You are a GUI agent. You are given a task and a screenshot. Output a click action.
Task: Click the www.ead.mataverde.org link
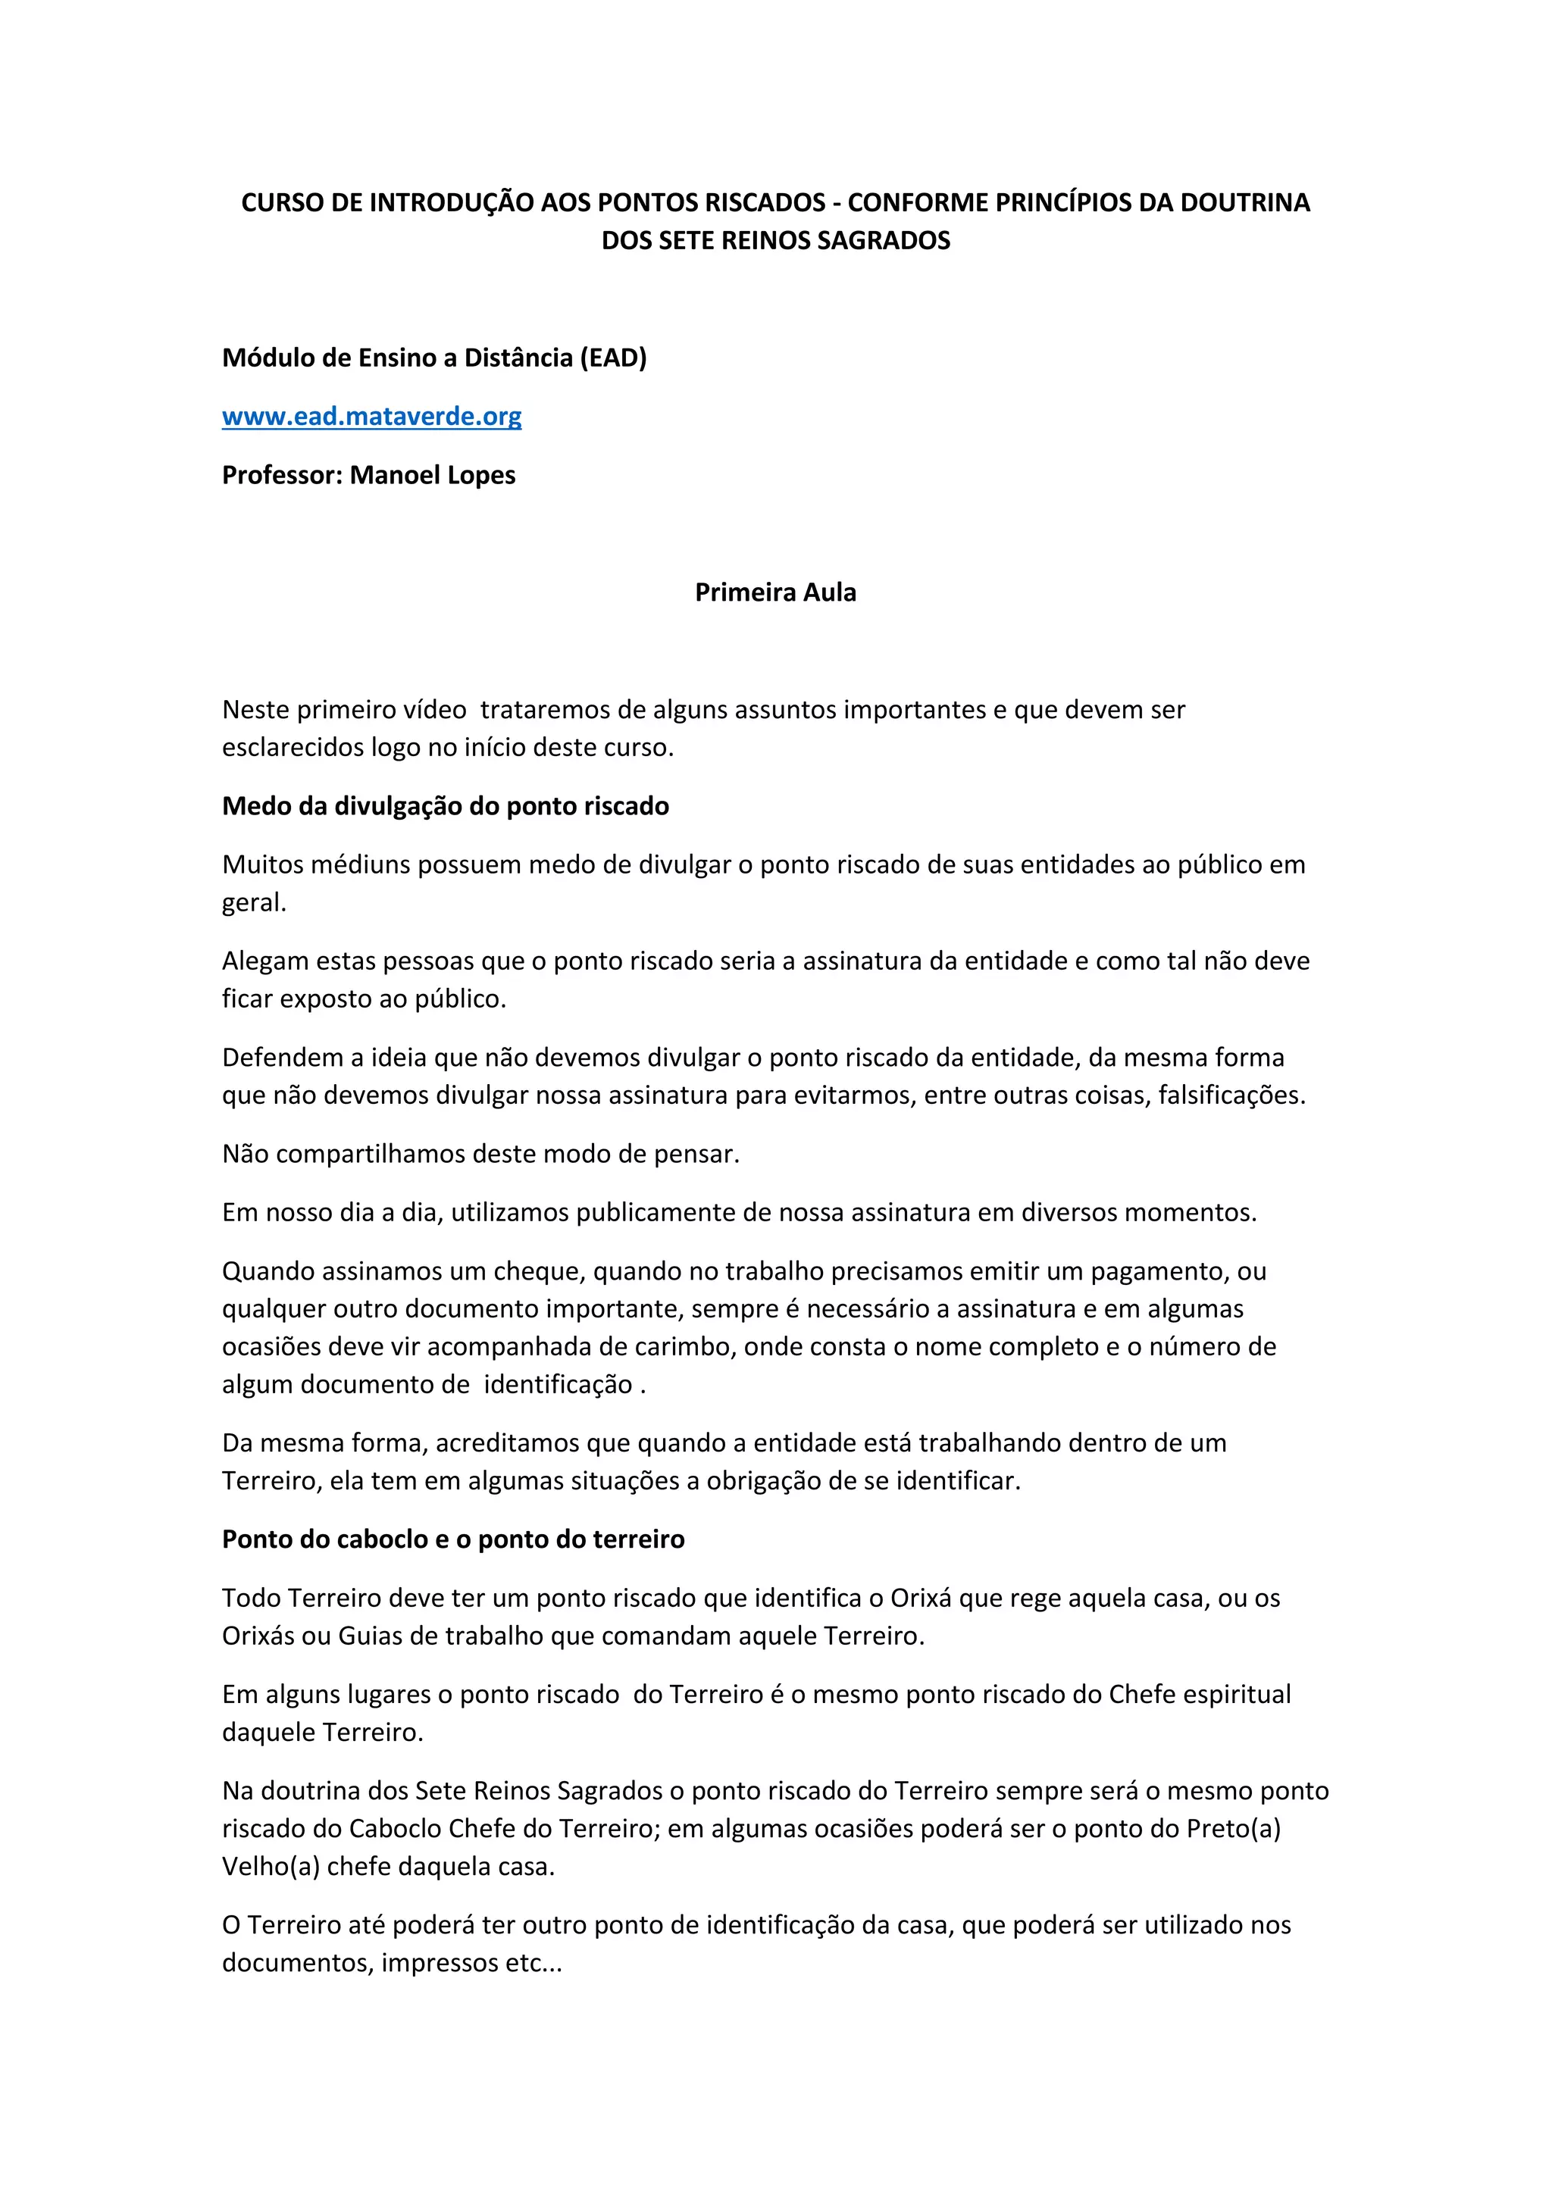tap(372, 417)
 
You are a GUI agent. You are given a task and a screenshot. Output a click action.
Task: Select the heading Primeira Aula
tap(775, 592)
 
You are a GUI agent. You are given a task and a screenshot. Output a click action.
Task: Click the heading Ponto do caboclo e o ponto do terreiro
tap(453, 1539)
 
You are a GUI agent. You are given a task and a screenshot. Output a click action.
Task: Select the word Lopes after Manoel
tap(480, 475)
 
